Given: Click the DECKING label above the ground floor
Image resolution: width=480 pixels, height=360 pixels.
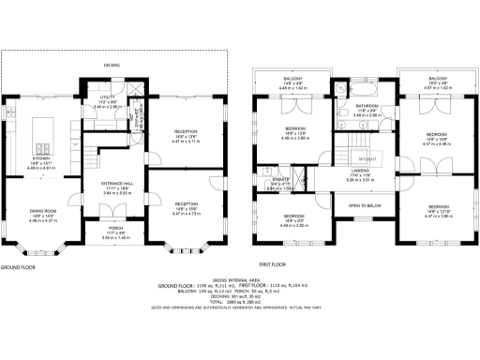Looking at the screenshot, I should [112, 65].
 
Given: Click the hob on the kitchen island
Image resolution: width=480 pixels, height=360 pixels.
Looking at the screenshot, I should [42, 146].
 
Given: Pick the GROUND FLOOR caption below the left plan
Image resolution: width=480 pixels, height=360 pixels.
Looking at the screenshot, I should [19, 266].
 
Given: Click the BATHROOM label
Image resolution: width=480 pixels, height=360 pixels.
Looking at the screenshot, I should [366, 106].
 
